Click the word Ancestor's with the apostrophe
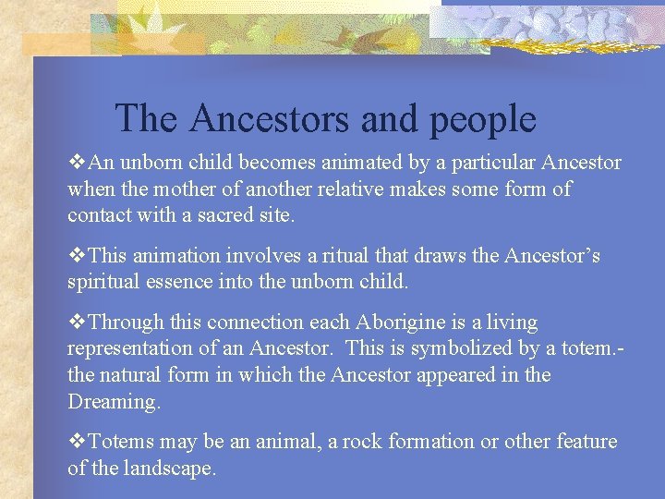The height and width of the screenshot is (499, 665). pos(551,256)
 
